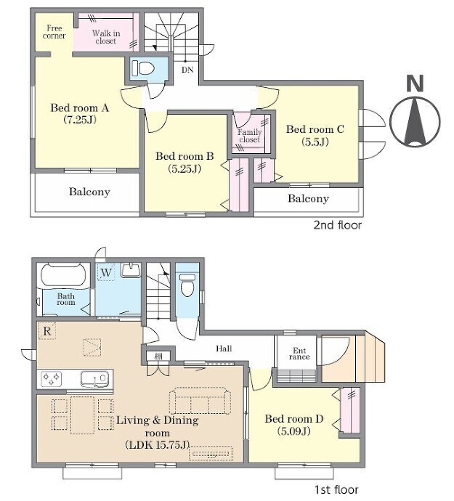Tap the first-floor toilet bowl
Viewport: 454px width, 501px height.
coord(187,285)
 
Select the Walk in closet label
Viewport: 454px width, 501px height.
coord(106,37)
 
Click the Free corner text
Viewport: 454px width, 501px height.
coord(54,32)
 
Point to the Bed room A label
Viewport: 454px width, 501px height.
coord(80,113)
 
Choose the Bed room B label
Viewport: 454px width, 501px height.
coord(185,162)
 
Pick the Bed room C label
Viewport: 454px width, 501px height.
coord(315,135)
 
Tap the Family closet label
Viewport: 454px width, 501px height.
coord(249,136)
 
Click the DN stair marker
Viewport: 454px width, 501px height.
coord(187,70)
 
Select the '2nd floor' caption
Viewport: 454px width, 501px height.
coord(337,225)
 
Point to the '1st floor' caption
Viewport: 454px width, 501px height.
coord(336,489)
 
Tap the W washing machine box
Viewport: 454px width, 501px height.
coord(106,272)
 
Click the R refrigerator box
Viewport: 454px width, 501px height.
coord(47,330)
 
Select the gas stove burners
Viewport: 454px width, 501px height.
coord(52,379)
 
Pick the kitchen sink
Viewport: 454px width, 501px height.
coord(95,379)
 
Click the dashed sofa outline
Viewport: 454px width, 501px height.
coord(200,401)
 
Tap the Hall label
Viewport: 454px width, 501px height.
coord(224,349)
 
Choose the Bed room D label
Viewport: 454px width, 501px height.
coord(293,425)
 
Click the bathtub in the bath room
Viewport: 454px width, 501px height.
coord(64,274)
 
